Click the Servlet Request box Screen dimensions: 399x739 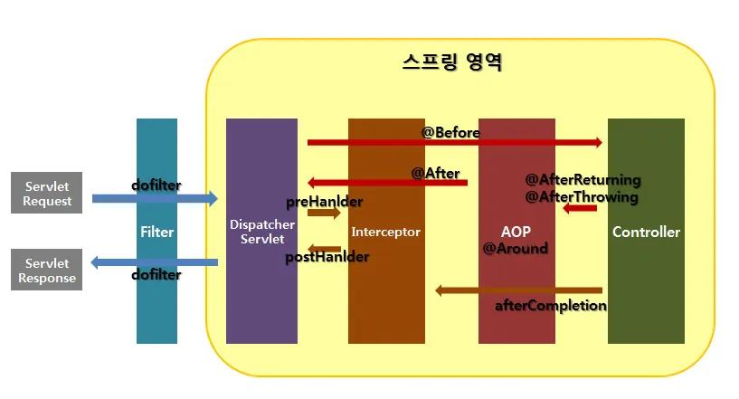click(x=47, y=193)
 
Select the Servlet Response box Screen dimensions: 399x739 click(x=47, y=271)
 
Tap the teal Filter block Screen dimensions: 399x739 click(x=156, y=271)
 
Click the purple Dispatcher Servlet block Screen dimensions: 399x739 click(x=261, y=271)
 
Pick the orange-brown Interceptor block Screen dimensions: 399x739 click(x=386, y=271)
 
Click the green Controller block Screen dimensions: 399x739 click(x=646, y=271)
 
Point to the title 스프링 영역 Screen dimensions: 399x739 click(x=451, y=62)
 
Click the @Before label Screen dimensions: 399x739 click(x=450, y=132)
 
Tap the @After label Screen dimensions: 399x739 click(x=436, y=173)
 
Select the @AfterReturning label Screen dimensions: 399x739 click(x=583, y=179)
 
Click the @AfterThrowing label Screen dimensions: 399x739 click(x=582, y=196)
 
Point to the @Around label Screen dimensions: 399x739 click(x=515, y=247)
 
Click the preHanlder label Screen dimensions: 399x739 click(x=324, y=201)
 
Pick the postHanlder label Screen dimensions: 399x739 click(x=327, y=257)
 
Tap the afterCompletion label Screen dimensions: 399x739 click(x=550, y=305)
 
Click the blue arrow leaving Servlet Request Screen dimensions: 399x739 click(x=154, y=198)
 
